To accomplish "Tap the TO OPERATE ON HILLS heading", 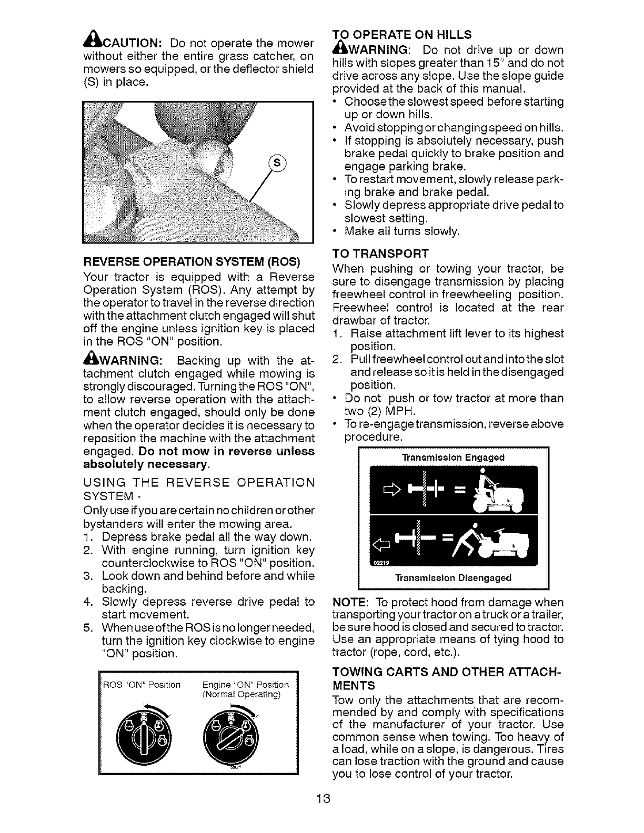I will click(402, 35).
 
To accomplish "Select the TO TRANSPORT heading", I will click(381, 254).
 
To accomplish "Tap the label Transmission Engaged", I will click(453, 458).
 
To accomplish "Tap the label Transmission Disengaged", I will click(453, 578).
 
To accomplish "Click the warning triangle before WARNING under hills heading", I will click(339, 50).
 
